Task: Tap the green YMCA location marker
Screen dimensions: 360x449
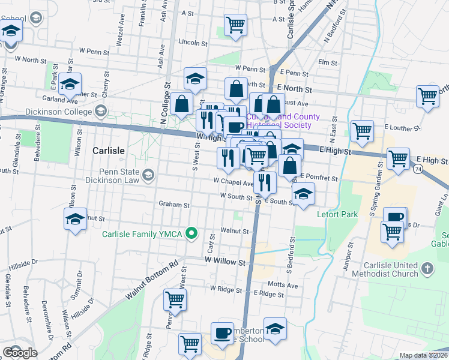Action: click(x=192, y=233)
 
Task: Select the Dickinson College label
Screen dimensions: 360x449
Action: click(x=59, y=112)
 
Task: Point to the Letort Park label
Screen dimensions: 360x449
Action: click(x=339, y=214)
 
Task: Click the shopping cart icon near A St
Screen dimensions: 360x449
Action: click(x=235, y=25)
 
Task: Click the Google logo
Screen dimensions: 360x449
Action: click(x=20, y=353)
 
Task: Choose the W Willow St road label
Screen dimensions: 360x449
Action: click(x=225, y=262)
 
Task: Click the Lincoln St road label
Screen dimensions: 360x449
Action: click(x=193, y=43)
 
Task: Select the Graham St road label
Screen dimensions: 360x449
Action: click(x=174, y=204)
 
